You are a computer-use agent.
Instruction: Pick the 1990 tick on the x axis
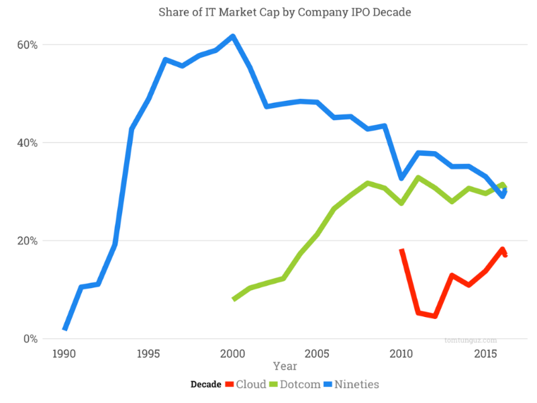pyautogui.click(x=64, y=353)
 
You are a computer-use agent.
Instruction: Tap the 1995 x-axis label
pyautogui.click(x=148, y=353)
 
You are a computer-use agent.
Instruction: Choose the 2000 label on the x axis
pyautogui.click(x=233, y=353)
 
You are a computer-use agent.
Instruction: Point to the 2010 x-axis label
pyautogui.click(x=401, y=353)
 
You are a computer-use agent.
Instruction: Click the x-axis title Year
pyautogui.click(x=285, y=367)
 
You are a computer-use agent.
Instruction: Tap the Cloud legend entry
pyautogui.click(x=245, y=385)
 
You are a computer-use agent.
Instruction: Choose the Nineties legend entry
pyautogui.click(x=347, y=385)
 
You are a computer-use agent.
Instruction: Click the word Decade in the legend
pyautogui.click(x=205, y=385)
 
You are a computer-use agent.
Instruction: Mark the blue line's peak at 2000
pyautogui.click(x=233, y=36)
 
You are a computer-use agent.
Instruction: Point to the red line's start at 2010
pyautogui.click(x=402, y=251)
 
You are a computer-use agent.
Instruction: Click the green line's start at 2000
pyautogui.click(x=234, y=299)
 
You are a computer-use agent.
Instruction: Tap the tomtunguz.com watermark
pyautogui.click(x=471, y=340)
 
